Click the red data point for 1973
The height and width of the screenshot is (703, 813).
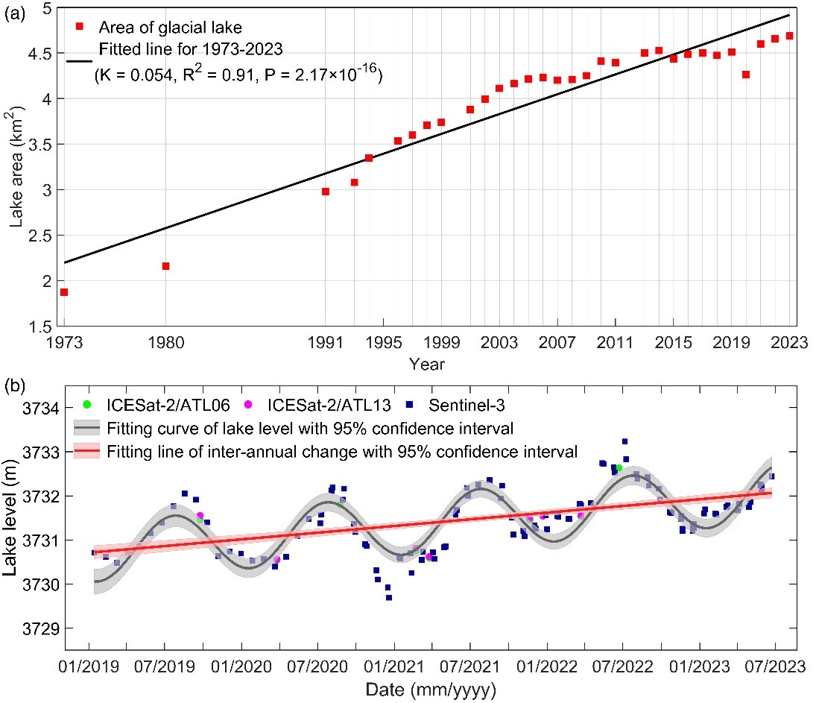[x=64, y=292]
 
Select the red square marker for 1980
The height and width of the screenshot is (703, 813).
[x=165, y=266]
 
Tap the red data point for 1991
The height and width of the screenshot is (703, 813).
[x=326, y=192]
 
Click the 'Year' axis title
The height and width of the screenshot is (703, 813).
[x=426, y=364]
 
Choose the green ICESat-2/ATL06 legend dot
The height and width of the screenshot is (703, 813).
[x=87, y=405]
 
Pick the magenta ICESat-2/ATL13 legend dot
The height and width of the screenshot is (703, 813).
[x=249, y=405]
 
